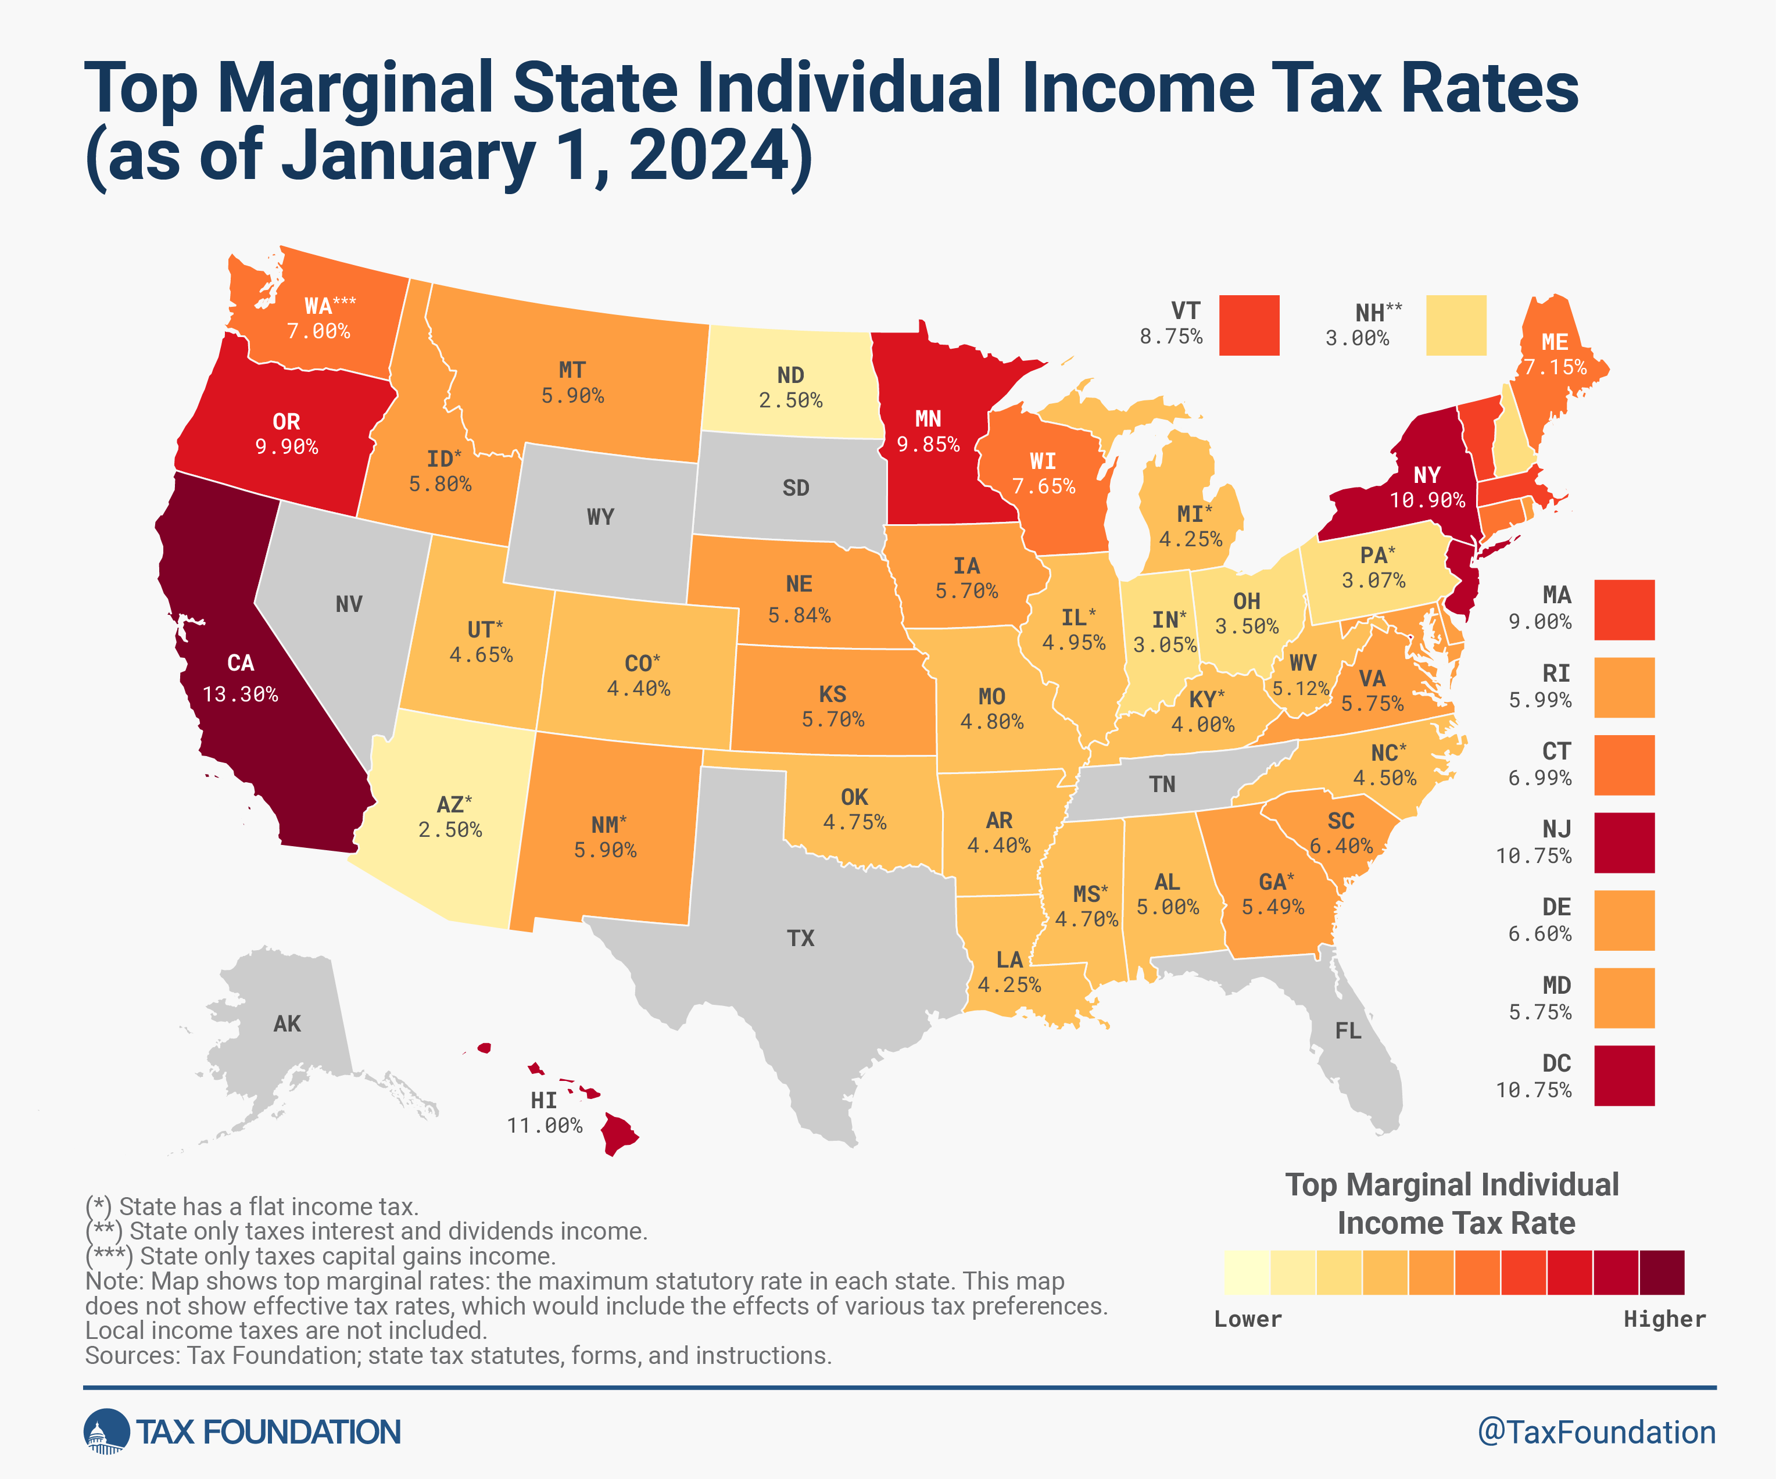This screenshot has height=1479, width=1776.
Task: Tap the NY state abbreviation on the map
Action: [x=1427, y=475]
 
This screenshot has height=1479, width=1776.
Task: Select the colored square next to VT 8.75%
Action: [x=1249, y=325]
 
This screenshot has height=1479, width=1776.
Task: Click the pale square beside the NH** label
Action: [x=1455, y=325]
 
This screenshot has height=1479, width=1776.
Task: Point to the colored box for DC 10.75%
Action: [x=1624, y=1076]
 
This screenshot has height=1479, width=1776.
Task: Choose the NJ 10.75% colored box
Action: [x=1624, y=842]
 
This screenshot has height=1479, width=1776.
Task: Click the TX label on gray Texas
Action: [x=800, y=938]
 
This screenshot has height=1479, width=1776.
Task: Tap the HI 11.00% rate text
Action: [x=545, y=1126]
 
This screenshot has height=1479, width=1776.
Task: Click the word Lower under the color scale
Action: [x=1247, y=1319]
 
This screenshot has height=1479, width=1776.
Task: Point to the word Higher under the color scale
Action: [x=1663, y=1319]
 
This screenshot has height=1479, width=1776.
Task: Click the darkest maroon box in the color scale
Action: [x=1662, y=1273]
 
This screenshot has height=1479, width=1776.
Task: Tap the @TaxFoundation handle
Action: [x=1596, y=1433]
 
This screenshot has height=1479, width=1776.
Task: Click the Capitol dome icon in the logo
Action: [x=106, y=1433]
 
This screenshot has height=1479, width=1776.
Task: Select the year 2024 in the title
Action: [x=708, y=156]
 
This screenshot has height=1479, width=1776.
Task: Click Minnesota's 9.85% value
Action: [x=928, y=445]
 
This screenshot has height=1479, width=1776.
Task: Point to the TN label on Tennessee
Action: [x=1162, y=785]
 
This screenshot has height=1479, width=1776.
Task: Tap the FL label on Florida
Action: [x=1348, y=1031]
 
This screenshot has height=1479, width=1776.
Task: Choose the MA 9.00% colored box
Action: [x=1624, y=610]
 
